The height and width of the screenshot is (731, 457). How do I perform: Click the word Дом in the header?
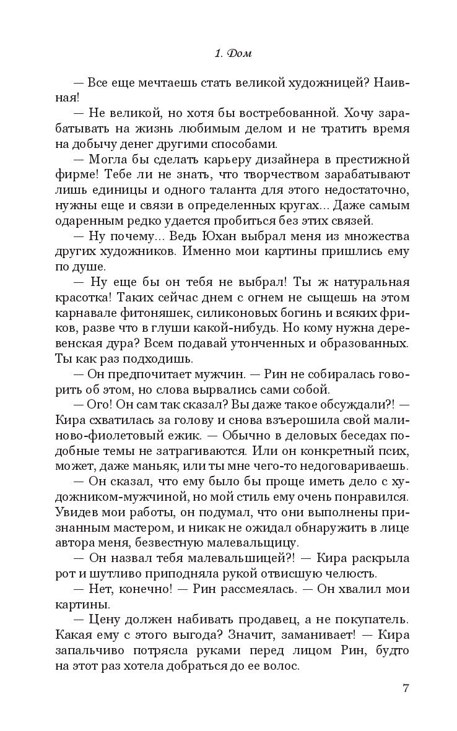coord(240,54)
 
